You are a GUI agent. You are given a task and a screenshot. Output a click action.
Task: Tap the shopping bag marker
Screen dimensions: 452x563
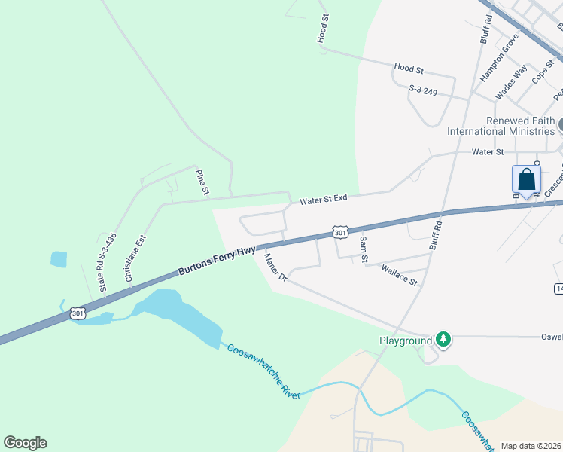[527, 180]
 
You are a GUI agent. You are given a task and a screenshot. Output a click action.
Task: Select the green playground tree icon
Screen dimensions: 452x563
[444, 341]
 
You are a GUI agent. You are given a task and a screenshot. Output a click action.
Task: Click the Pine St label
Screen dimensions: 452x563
[202, 183]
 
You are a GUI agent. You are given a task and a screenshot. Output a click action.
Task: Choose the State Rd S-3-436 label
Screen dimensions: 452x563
[106, 262]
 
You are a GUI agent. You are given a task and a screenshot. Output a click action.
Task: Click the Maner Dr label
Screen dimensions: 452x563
[275, 267]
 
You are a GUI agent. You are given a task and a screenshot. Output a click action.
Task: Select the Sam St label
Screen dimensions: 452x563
[364, 249]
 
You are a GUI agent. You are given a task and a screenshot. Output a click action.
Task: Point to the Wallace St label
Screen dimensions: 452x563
[399, 275]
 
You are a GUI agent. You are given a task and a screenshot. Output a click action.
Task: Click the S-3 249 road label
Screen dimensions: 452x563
[428, 91]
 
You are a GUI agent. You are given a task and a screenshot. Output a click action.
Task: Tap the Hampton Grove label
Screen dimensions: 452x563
[500, 57]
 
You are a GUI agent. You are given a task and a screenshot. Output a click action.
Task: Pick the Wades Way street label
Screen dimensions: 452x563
[510, 82]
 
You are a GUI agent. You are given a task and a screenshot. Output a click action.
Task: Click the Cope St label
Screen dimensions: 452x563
[542, 72]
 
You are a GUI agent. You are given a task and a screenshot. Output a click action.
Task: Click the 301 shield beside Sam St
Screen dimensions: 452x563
[340, 233]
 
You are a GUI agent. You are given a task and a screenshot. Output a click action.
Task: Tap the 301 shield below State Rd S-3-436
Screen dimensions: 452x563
[77, 313]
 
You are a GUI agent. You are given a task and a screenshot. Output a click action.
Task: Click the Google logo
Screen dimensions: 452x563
[25, 443]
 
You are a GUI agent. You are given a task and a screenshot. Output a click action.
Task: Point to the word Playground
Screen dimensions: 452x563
[405, 341]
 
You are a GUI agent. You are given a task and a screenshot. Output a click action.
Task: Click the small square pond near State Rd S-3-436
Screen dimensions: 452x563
[59, 259]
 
